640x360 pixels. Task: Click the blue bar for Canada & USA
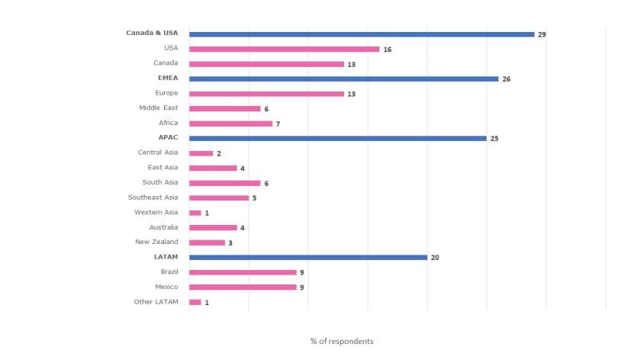pyautogui.click(x=362, y=34)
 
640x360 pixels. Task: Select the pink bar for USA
pyautogui.click(x=284, y=49)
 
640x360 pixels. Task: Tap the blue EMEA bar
pyautogui.click(x=343, y=79)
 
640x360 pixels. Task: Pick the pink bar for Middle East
pyautogui.click(x=224, y=108)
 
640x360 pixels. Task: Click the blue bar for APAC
pyautogui.click(x=337, y=138)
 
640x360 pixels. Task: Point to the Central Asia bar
pyautogui.click(x=201, y=153)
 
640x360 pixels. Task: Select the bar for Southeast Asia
pyautogui.click(x=219, y=198)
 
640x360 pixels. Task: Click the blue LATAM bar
pyautogui.click(x=307, y=257)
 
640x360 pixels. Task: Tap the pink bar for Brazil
pyautogui.click(x=243, y=272)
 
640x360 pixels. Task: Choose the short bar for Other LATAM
pyautogui.click(x=195, y=302)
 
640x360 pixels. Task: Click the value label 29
pyautogui.click(x=542, y=34)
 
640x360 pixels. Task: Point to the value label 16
pyautogui.click(x=387, y=50)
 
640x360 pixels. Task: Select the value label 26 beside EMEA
pyautogui.click(x=506, y=79)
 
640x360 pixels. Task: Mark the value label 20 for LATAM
pyautogui.click(x=435, y=258)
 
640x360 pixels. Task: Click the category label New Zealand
pyautogui.click(x=156, y=242)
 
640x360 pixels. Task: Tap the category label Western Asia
pyautogui.click(x=156, y=212)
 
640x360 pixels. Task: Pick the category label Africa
pyautogui.click(x=168, y=123)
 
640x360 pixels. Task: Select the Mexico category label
pyautogui.click(x=166, y=287)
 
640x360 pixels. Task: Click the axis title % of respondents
pyautogui.click(x=342, y=341)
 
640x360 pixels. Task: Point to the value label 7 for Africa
pyautogui.click(x=278, y=124)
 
